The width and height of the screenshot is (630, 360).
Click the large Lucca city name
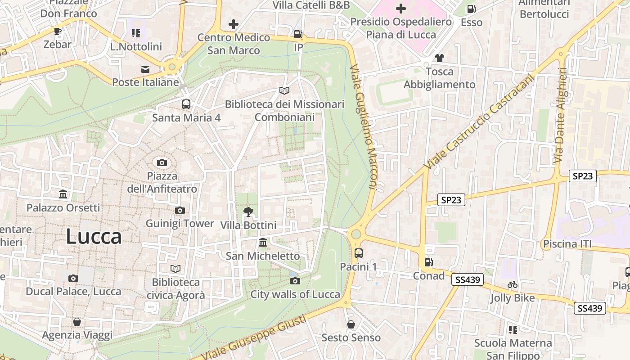coord(94,237)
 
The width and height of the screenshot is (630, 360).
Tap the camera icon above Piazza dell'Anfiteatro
coord(162,162)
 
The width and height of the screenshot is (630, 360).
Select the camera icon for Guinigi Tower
coord(180,210)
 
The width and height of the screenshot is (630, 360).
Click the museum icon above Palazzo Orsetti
coord(63,194)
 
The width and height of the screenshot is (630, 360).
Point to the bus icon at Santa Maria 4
coord(186,104)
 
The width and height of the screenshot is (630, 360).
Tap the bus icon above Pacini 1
coord(358,253)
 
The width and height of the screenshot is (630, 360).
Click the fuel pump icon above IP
coord(298,34)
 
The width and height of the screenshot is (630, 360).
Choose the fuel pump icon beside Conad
coord(428,262)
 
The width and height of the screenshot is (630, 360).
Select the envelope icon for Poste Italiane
coord(145,69)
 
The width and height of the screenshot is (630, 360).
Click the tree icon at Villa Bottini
coord(248,211)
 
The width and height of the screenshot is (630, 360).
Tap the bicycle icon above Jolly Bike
coord(512,284)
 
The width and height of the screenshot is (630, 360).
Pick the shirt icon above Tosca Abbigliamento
coord(439,58)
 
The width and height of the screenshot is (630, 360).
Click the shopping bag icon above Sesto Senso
coord(351,324)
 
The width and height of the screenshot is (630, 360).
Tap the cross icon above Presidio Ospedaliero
coord(400,9)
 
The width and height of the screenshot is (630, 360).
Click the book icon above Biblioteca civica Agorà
coord(175,269)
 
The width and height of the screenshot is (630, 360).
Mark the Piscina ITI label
coord(567,244)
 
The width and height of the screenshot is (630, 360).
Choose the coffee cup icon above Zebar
coord(57,31)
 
